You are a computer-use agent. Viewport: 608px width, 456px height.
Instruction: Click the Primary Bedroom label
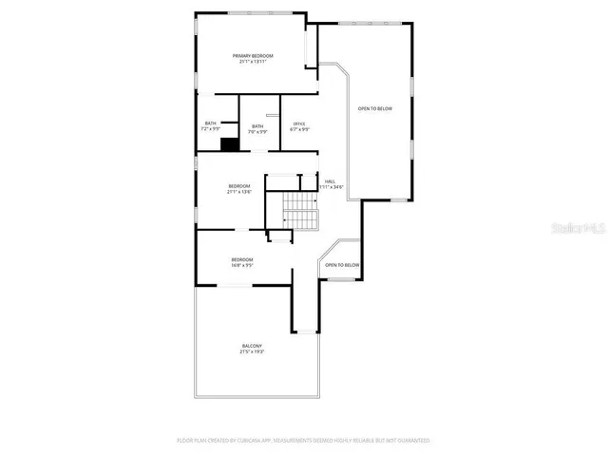coord(253,56)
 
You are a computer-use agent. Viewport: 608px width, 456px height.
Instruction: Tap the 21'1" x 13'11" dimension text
coord(253,63)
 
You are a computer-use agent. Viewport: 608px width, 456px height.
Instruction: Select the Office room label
coord(299,123)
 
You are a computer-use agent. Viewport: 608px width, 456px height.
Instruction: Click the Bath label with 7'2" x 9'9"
coord(210,123)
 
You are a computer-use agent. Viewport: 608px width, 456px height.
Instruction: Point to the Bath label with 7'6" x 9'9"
coord(256,126)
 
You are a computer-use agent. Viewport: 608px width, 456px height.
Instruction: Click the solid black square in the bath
coord(228,144)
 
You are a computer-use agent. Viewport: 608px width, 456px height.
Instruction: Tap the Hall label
coord(330,180)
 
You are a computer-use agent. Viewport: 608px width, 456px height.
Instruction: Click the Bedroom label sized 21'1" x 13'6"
coord(238,185)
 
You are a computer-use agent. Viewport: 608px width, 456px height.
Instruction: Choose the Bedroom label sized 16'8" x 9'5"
coord(242,259)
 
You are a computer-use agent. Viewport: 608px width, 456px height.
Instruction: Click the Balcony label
coord(252,346)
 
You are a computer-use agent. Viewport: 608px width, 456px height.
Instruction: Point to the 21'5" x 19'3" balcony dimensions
coord(252,352)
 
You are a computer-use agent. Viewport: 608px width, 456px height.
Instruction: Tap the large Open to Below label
coord(374,108)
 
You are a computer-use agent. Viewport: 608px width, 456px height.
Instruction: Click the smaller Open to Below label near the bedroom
coord(342,265)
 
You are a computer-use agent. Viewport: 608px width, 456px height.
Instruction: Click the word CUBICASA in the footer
coord(246,441)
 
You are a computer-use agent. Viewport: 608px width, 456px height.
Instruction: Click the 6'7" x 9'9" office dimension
coord(299,129)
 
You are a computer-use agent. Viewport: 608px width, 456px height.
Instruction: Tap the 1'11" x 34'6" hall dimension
coord(330,187)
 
